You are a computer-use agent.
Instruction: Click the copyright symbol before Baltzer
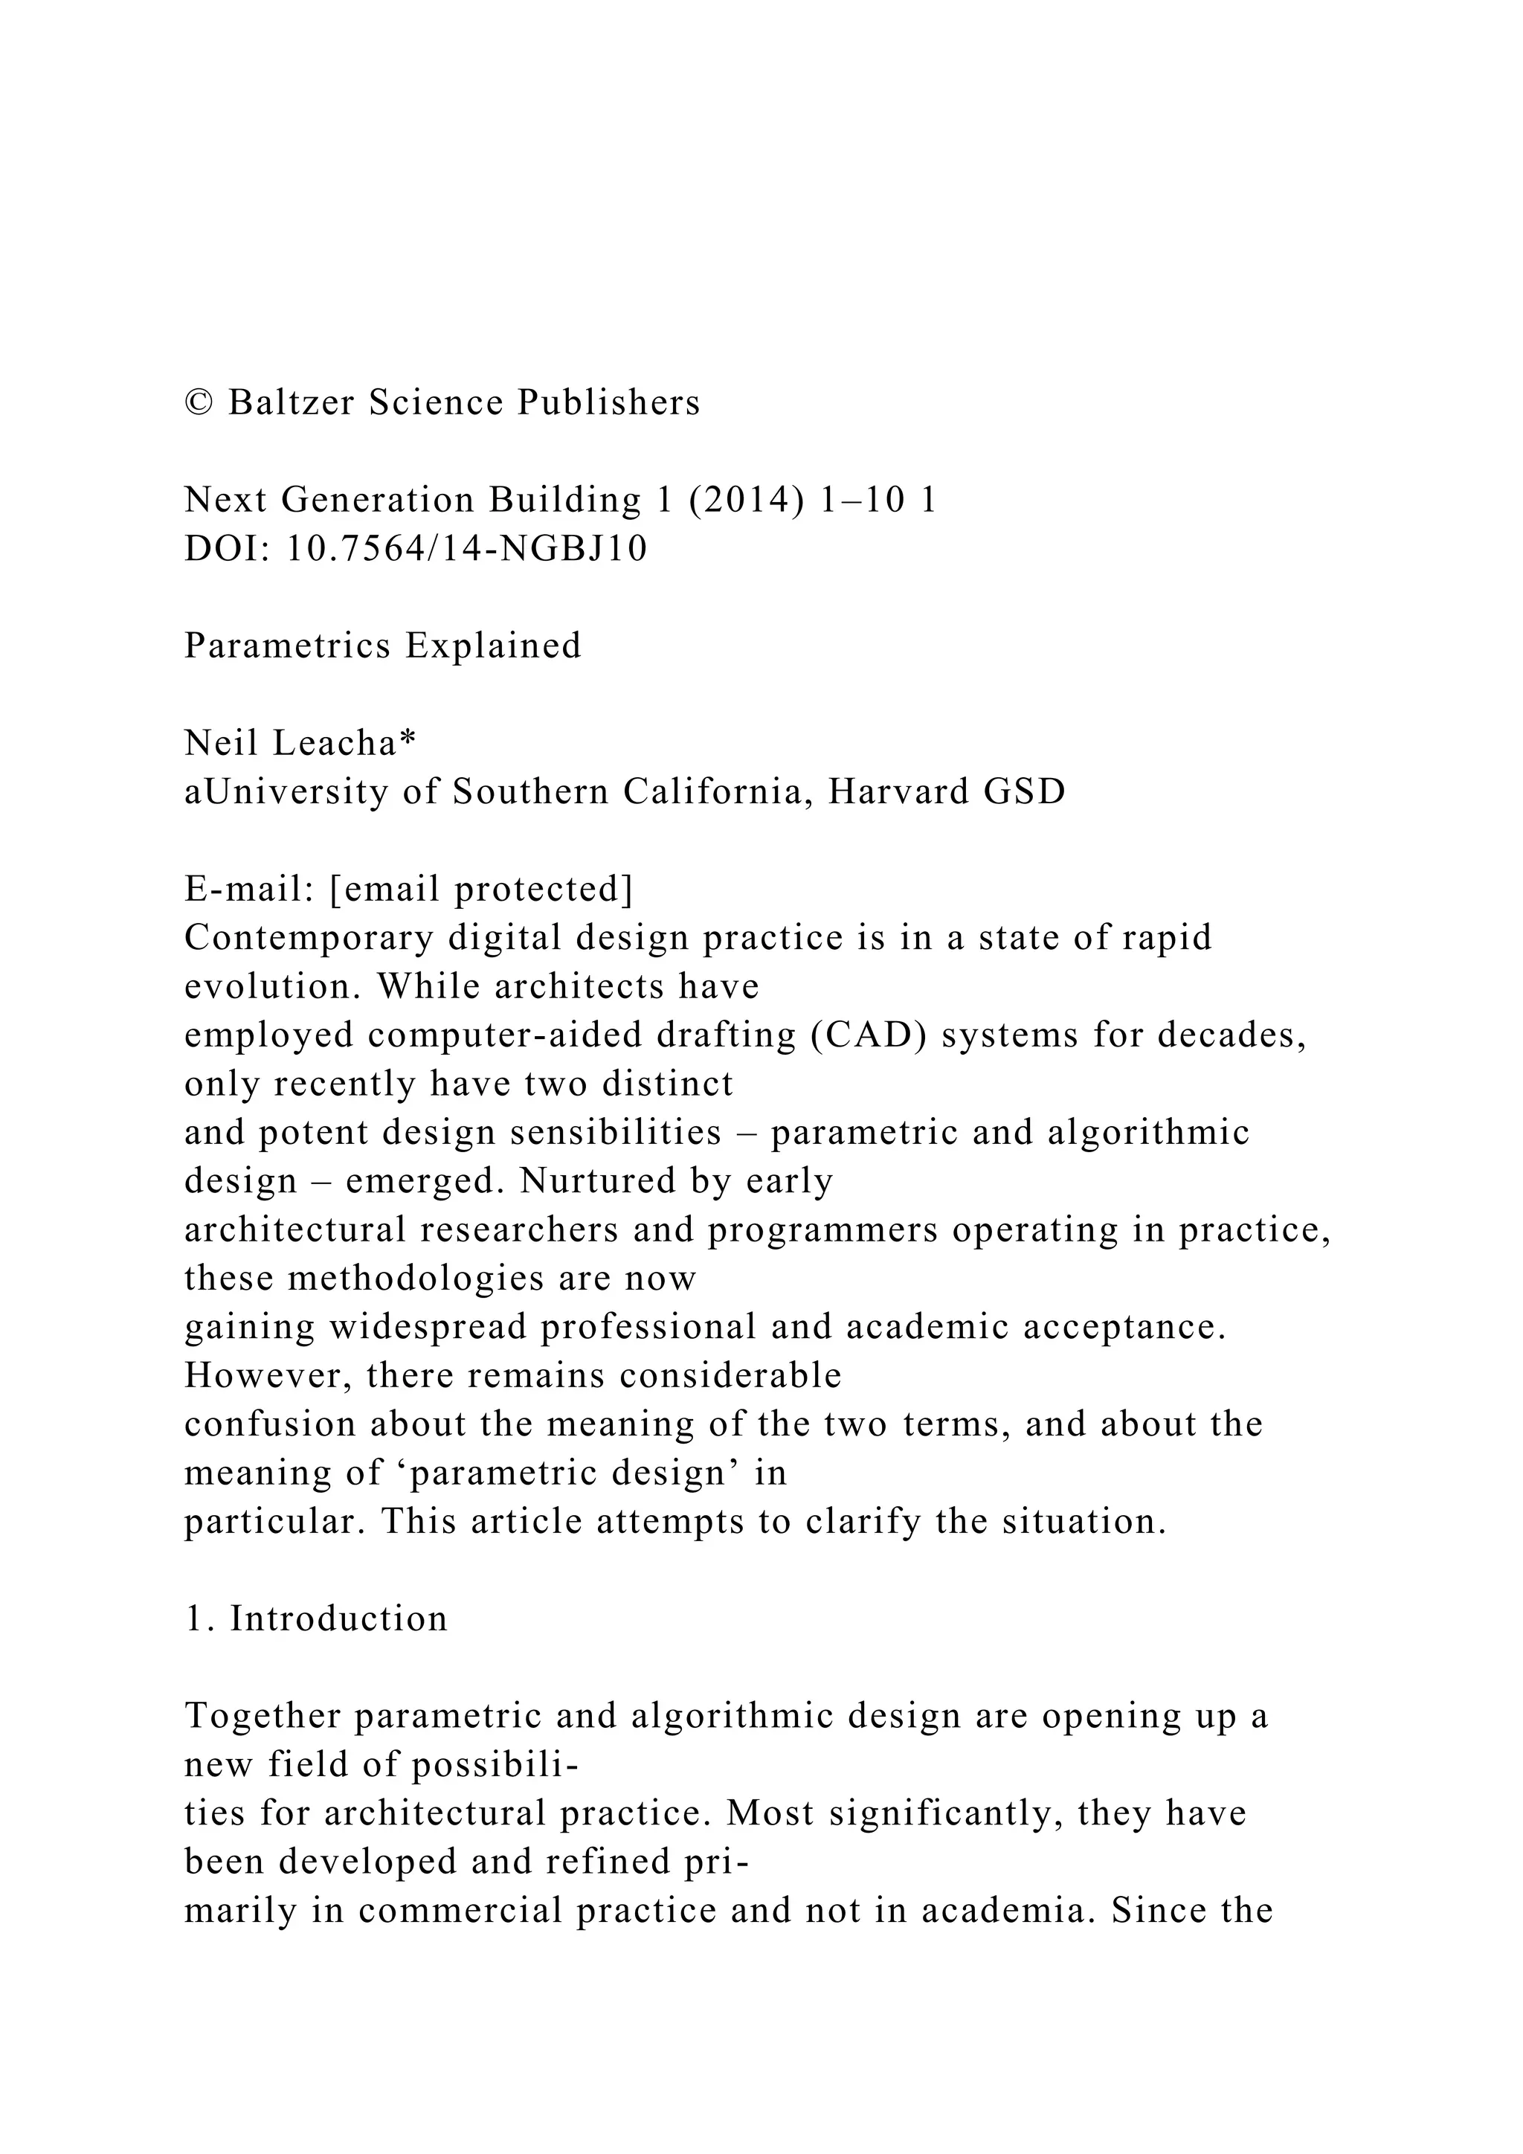click(x=200, y=403)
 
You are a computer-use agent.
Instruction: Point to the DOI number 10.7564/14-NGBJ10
click(x=466, y=549)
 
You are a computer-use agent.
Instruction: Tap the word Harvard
click(x=898, y=792)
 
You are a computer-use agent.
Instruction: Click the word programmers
click(x=823, y=1230)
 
